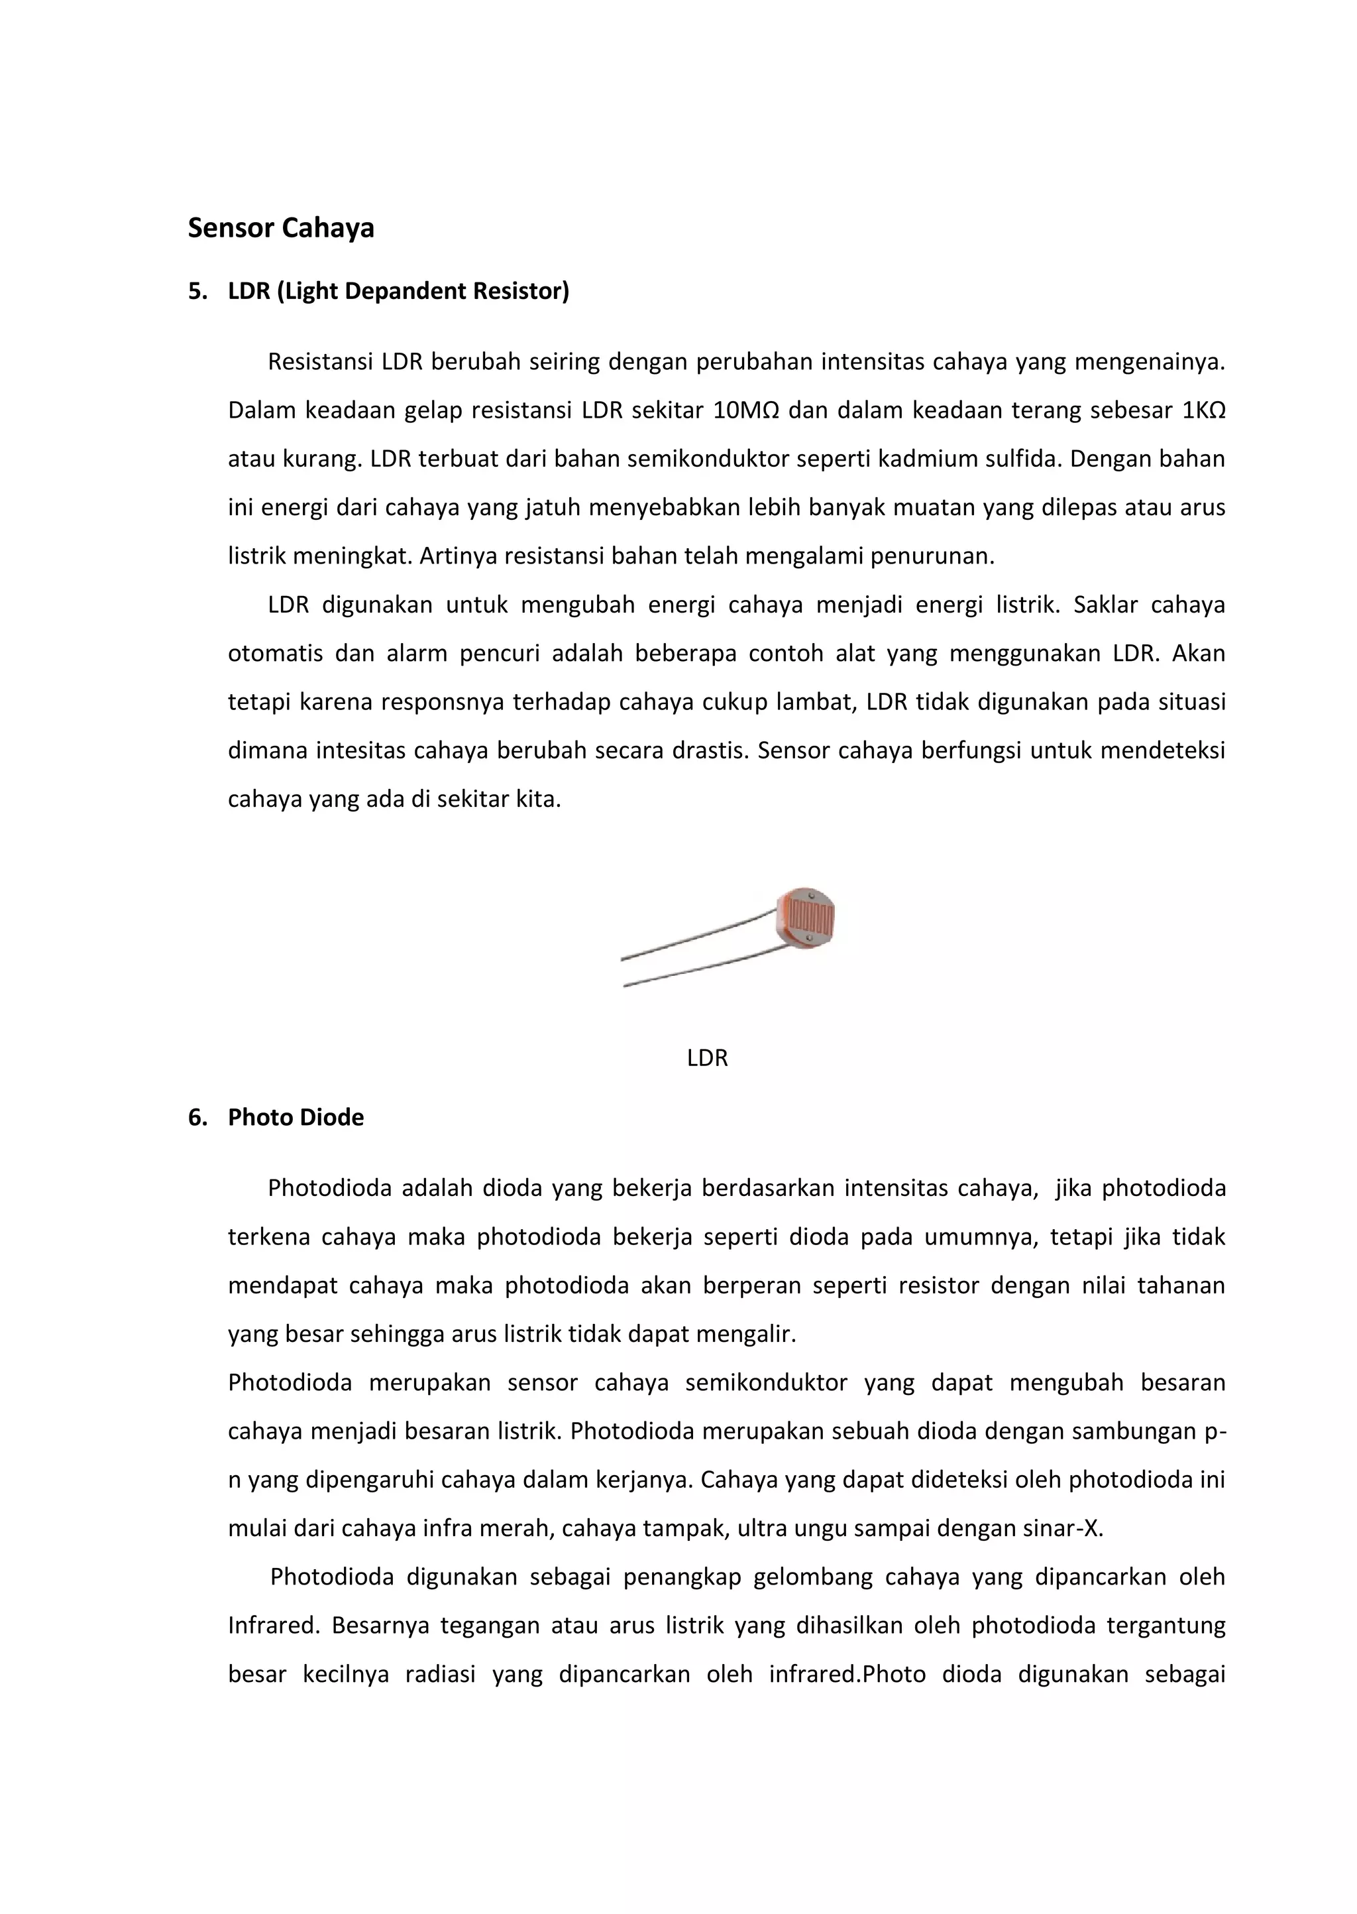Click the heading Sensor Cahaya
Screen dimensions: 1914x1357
pyautogui.click(x=281, y=228)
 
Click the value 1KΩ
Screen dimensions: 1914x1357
pyautogui.click(x=1203, y=410)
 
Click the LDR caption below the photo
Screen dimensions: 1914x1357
pyautogui.click(x=707, y=1058)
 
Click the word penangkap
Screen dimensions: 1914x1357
pyautogui.click(x=682, y=1577)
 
